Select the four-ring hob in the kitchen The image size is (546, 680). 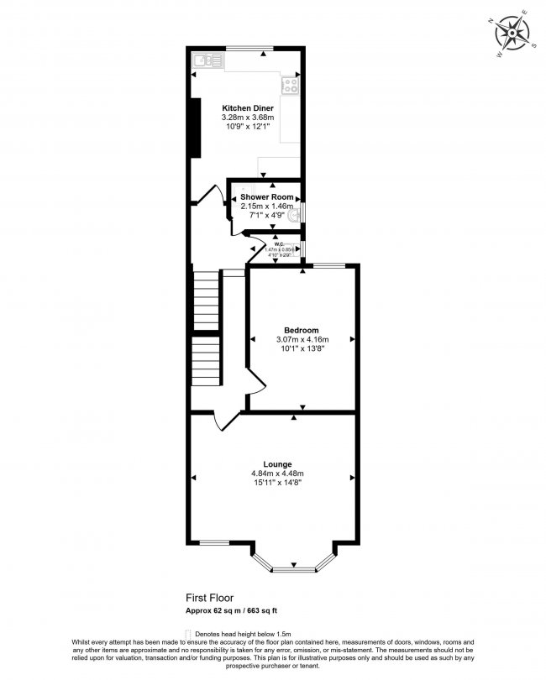[291, 84]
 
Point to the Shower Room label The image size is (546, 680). [266, 196]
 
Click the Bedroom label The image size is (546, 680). [301, 330]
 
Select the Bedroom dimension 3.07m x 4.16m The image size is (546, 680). [301, 339]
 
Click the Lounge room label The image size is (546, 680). [277, 464]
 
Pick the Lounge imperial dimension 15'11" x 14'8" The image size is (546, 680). [277, 483]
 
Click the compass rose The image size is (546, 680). [512, 32]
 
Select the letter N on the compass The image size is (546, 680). [491, 21]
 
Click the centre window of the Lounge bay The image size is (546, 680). [294, 571]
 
